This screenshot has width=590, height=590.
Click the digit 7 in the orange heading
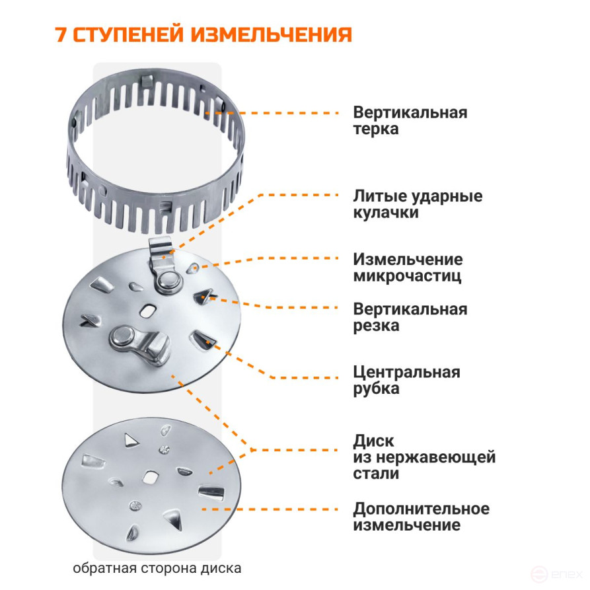point(61,34)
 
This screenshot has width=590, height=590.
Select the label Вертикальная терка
point(410,120)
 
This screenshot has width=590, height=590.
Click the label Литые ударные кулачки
point(418,205)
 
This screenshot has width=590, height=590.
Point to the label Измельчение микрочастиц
point(408,268)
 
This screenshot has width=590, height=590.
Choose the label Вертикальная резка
point(410,318)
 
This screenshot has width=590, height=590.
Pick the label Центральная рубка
point(406,380)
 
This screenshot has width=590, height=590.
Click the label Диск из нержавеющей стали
point(424,457)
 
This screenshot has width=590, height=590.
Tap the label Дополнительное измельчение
point(421,517)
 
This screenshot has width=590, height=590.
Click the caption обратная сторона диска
point(157,568)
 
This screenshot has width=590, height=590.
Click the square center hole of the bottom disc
point(151,477)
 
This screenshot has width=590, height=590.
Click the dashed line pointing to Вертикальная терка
point(277,113)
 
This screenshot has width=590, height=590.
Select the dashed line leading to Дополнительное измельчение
point(271,509)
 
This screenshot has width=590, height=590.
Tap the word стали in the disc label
point(376,474)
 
